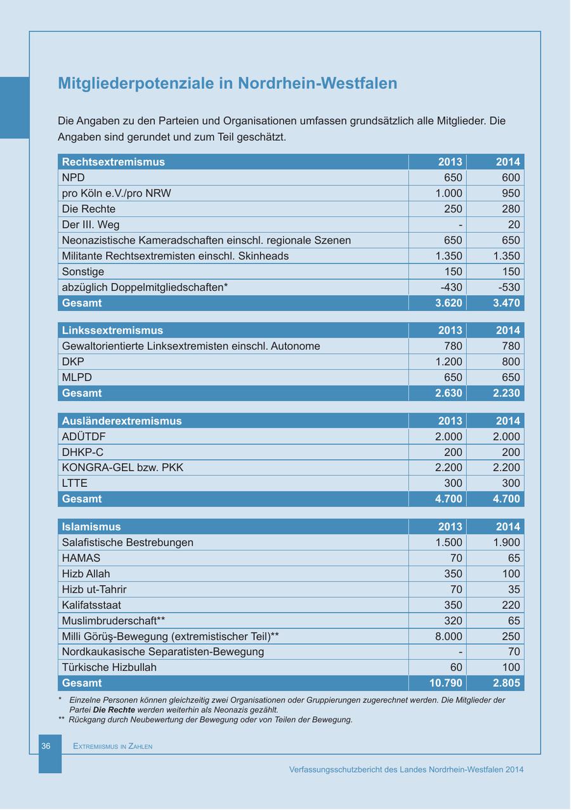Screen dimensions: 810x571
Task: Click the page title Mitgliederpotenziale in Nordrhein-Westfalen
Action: coord(227,84)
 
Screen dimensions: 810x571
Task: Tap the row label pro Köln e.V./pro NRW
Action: coord(116,193)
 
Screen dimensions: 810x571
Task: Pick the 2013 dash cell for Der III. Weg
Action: coord(460,225)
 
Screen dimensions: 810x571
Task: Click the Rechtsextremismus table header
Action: coord(114,162)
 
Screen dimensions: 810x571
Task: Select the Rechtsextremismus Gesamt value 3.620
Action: coord(449,303)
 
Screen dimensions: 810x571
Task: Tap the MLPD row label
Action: coord(77,377)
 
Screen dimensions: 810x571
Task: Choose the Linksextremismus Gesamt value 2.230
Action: coord(506,393)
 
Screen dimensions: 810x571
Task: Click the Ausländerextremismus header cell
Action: coord(122,421)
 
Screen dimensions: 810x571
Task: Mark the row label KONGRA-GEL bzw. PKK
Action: coord(122,467)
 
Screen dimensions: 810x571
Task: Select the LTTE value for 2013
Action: coord(453,483)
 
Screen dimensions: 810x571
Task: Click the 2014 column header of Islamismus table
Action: coord(508,527)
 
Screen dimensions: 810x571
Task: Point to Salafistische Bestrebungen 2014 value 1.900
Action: coord(506,542)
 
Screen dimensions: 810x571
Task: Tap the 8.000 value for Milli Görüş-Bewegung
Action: coord(449,636)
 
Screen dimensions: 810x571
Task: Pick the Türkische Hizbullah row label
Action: coord(109,667)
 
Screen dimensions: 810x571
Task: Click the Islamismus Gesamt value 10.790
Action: coord(445,683)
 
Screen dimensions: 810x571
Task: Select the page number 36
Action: coord(46,746)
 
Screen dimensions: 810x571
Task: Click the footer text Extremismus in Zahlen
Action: coord(112,746)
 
